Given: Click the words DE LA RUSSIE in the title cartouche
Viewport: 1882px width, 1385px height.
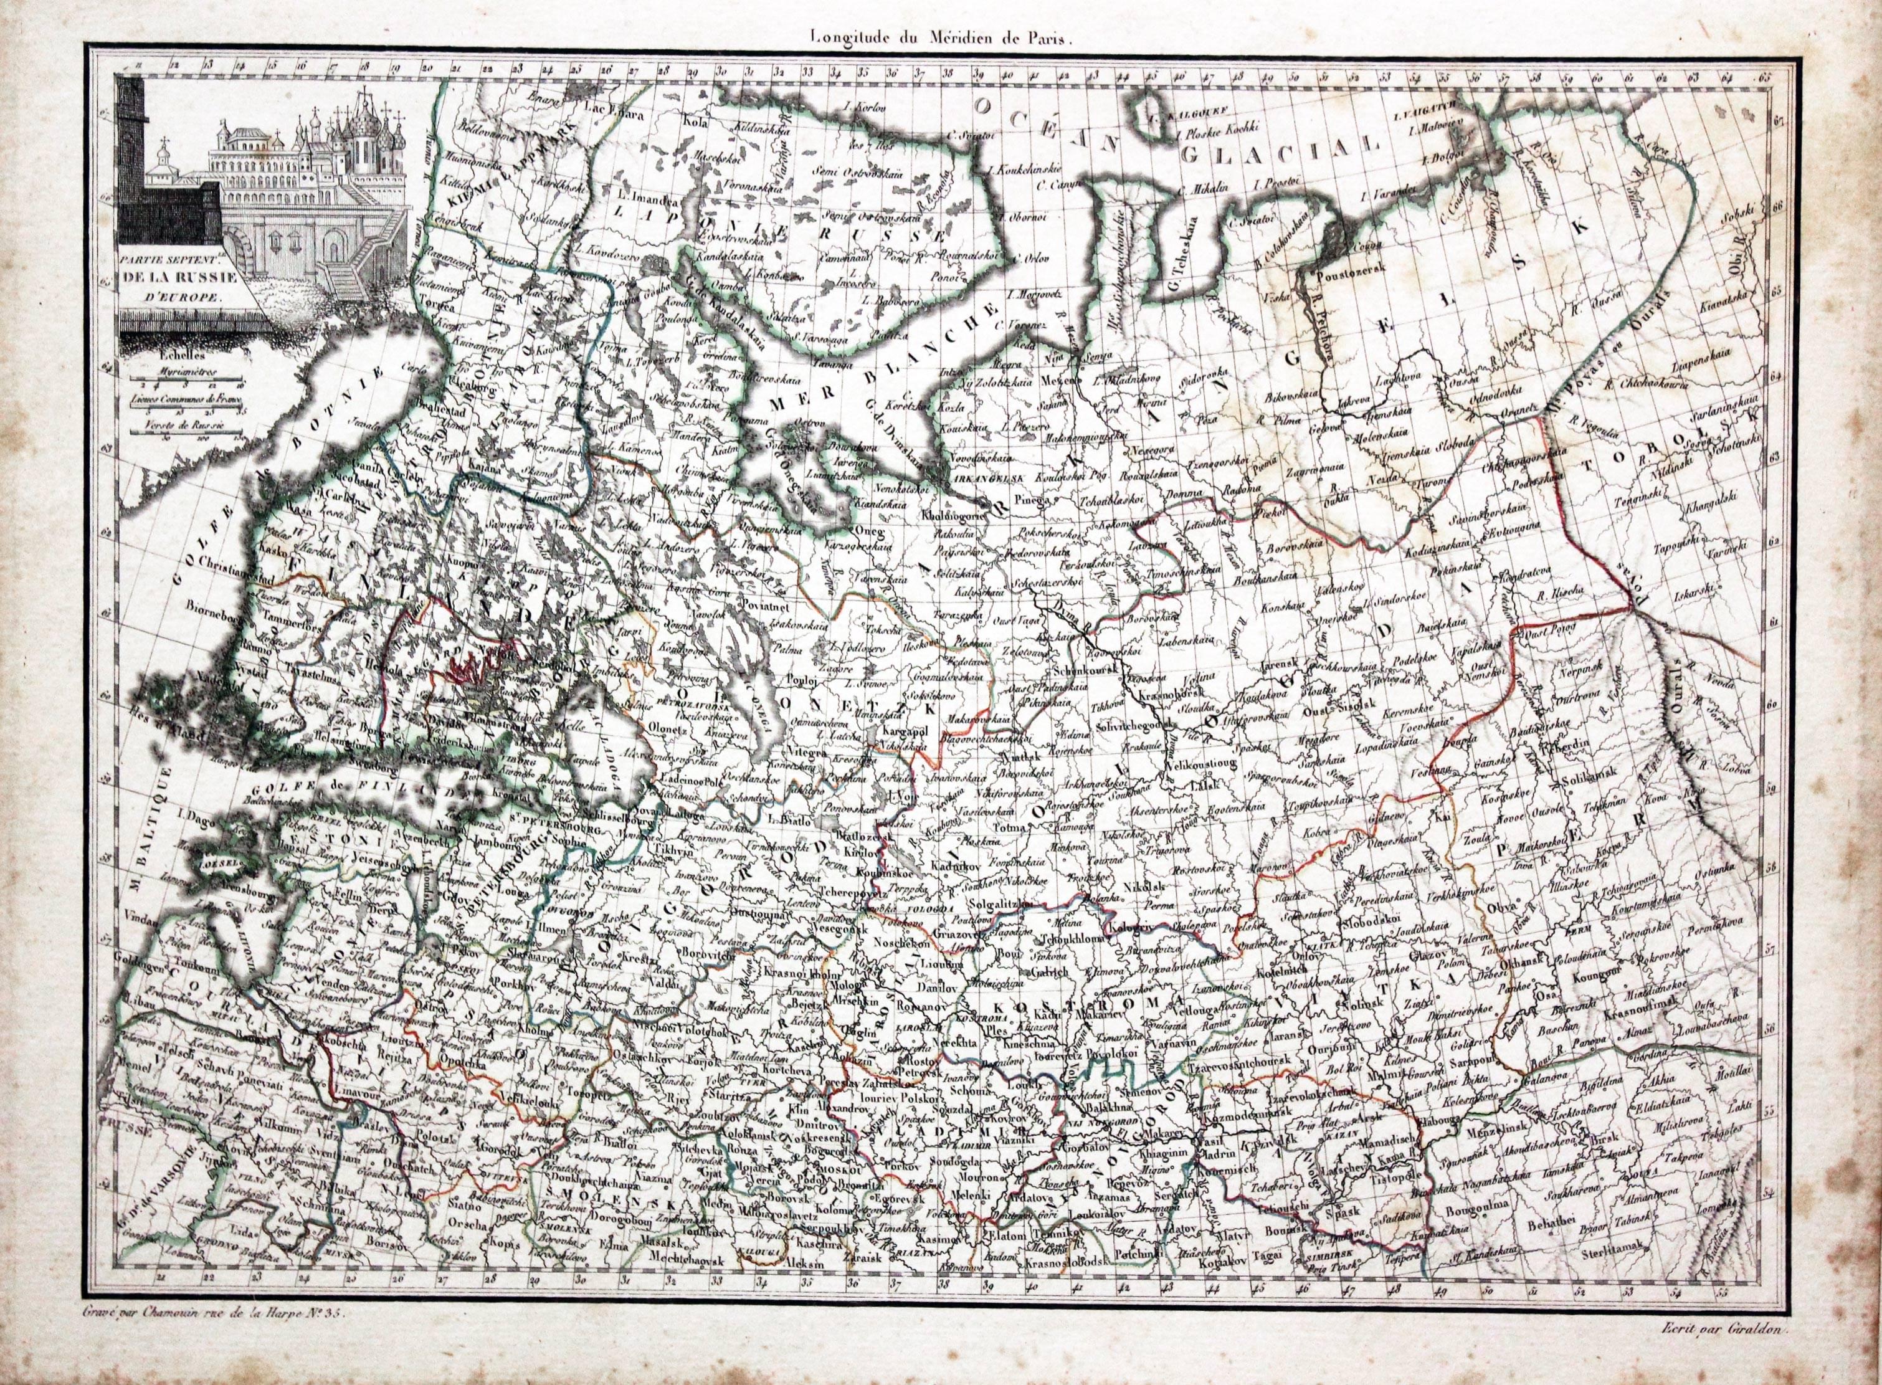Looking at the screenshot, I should (x=176, y=279).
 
